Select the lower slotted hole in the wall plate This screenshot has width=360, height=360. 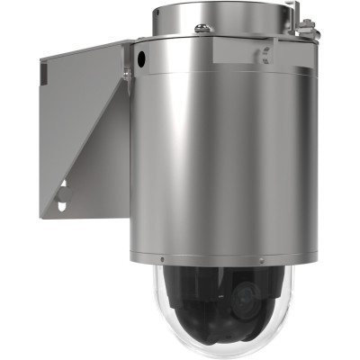[x=60, y=206]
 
